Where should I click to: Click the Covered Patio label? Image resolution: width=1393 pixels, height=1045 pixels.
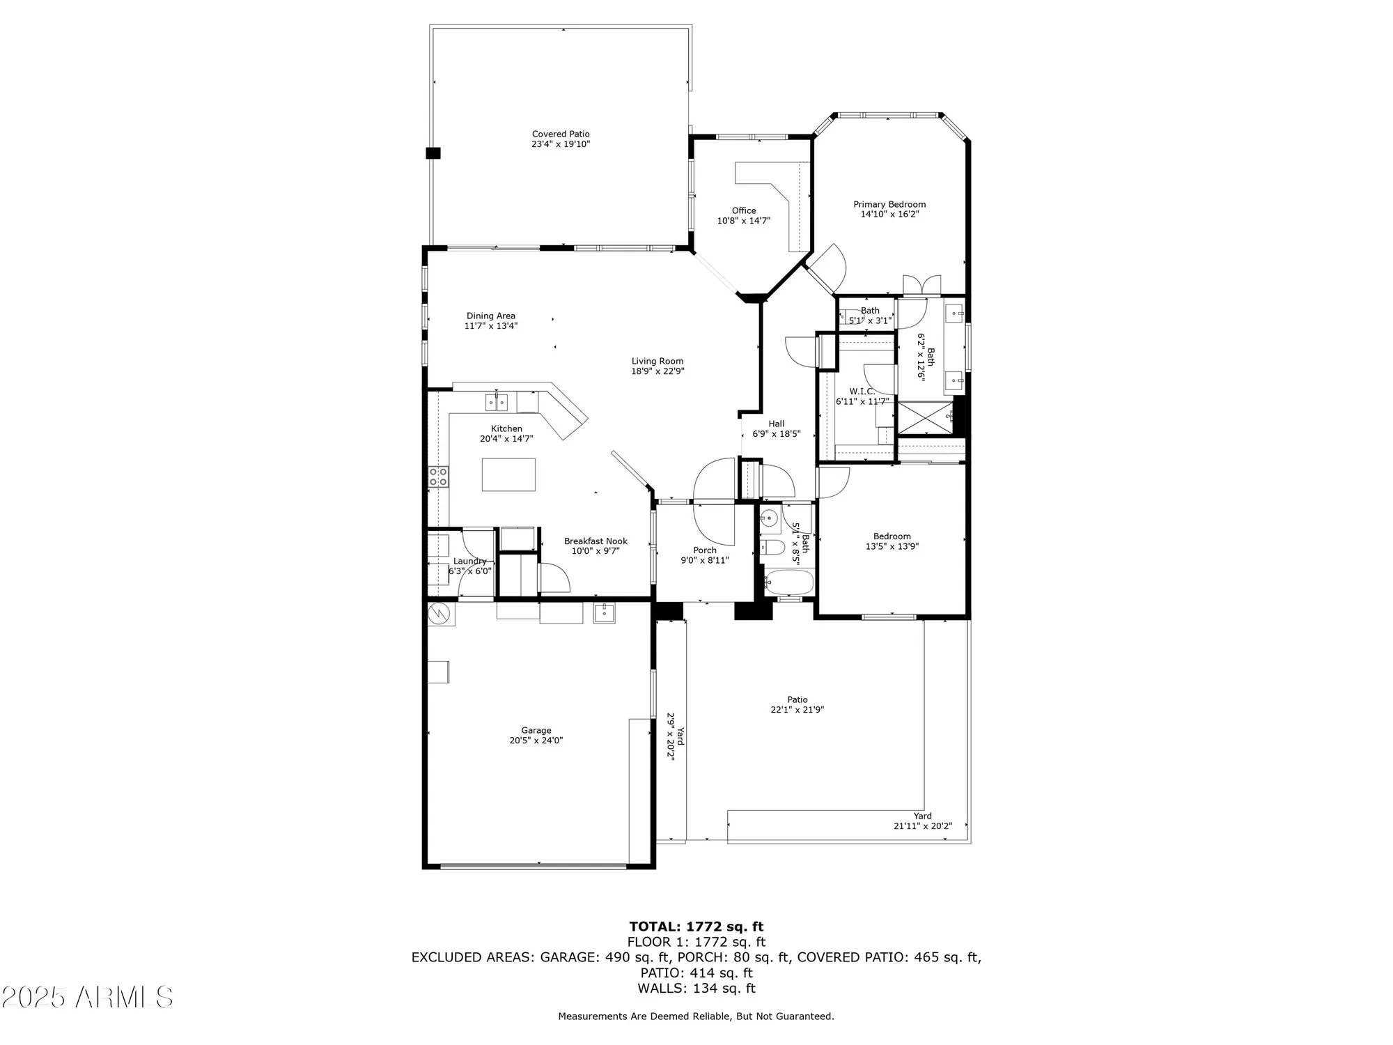(561, 134)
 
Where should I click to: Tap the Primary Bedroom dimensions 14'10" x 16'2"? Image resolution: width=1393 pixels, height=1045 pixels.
(889, 215)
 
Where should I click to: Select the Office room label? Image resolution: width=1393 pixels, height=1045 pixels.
(743, 210)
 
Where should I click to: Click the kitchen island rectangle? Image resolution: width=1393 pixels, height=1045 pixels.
(508, 474)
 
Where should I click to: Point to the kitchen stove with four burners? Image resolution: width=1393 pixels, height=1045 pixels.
(438, 477)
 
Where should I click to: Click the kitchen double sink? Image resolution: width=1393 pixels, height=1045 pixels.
(497, 402)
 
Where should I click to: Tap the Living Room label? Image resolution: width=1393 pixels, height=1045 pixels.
(657, 361)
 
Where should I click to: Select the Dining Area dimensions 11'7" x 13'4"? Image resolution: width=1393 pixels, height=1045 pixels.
(491, 326)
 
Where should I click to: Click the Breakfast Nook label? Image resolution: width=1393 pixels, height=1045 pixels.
(596, 541)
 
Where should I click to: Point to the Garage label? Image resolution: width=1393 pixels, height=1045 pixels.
(536, 730)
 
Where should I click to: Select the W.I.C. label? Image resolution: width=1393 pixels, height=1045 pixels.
(862, 392)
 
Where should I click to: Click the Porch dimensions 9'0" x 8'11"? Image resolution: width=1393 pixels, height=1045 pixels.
(704, 560)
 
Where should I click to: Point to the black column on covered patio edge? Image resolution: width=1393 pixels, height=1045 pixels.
(433, 153)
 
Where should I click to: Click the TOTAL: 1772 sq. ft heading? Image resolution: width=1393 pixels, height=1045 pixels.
(696, 927)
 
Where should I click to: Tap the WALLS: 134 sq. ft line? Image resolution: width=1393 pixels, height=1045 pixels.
(696, 988)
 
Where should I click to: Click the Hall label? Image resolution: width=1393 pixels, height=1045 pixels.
(776, 424)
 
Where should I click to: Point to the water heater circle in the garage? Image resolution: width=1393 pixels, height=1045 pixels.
(439, 614)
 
